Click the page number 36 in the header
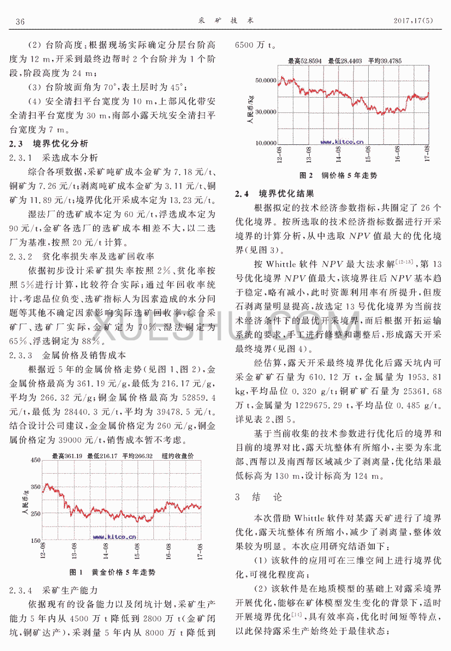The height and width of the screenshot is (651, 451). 20,21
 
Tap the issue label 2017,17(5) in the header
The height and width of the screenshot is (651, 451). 413,20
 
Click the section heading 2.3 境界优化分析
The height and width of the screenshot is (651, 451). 48,143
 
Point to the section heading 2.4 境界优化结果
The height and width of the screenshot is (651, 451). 274,194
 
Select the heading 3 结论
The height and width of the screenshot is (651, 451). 259,497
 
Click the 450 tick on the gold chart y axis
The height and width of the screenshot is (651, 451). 35,460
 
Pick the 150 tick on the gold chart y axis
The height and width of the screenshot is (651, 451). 35,540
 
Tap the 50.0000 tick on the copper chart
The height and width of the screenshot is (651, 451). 265,80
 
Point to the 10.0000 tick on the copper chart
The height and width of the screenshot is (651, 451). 265,143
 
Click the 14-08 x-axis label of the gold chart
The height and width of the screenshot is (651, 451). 106,551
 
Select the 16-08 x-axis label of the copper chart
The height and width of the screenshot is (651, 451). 398,154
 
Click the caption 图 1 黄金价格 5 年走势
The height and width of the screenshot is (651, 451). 112,573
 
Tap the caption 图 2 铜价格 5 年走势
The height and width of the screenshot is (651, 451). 338,176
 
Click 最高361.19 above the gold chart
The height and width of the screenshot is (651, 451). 67,456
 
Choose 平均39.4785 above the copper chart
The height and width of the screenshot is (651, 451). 385,61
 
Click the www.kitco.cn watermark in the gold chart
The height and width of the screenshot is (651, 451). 114,537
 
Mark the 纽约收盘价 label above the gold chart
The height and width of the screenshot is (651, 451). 178,456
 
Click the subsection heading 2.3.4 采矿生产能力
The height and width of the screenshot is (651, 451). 53,591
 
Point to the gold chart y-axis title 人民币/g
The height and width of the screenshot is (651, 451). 26,502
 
